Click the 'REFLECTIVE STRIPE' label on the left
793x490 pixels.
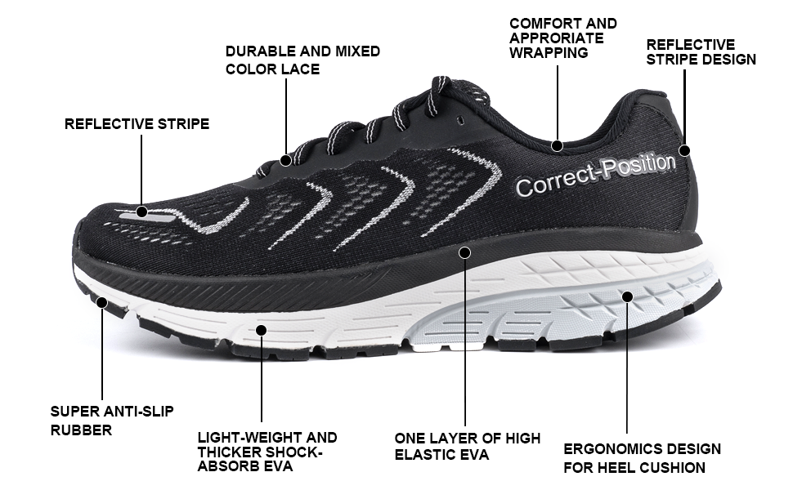[137, 124]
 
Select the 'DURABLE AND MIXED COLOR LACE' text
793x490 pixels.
[302, 60]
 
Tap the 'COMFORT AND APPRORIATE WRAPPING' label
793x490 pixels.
[562, 38]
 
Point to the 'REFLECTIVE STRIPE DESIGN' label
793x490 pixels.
[701, 51]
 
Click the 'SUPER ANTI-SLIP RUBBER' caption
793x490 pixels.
[111, 420]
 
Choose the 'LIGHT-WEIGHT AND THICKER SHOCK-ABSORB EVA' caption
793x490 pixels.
[267, 452]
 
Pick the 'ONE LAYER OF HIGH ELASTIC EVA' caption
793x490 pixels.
[467, 446]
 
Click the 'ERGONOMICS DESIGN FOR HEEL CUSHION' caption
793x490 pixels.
[642, 458]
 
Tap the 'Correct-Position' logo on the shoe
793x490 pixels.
[595, 175]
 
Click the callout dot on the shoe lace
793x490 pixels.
[285, 160]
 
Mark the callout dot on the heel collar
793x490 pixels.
[557, 146]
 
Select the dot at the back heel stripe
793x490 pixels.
[684, 150]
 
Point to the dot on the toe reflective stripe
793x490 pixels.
[141, 212]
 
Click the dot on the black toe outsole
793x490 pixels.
[102, 302]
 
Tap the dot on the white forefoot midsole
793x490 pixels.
[262, 330]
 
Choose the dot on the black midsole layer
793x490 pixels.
[464, 252]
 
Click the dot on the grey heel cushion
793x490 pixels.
[627, 296]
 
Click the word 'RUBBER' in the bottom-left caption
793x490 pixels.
[81, 430]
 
